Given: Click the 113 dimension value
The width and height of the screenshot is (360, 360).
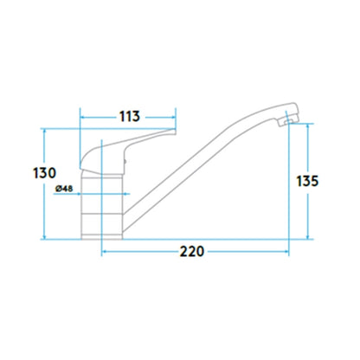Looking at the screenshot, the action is coord(130,116).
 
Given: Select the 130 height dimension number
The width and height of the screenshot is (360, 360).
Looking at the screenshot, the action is coord(44,173).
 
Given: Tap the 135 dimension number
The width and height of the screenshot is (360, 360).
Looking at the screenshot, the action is coord(307,181).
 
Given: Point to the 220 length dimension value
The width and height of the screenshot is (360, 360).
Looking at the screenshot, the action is coord(192,252).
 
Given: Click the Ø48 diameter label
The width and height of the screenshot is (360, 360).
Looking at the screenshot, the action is coord(64,189).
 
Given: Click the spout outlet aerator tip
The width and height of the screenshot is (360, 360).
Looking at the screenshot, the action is coord(286,122).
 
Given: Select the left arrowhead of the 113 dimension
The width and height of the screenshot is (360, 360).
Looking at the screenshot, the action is coord(82,118).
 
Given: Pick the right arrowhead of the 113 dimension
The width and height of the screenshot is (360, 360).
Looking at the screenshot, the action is coord(173,118).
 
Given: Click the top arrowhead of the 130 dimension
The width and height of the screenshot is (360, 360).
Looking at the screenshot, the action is coord(44,131).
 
